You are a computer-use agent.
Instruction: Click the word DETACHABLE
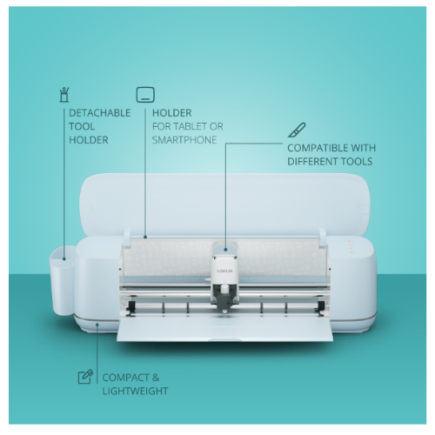(100, 113)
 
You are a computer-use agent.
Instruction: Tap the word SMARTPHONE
(184, 140)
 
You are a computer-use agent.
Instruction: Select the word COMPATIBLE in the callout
(318, 148)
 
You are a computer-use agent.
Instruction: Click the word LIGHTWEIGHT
(135, 391)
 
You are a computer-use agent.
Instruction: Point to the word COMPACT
(125, 378)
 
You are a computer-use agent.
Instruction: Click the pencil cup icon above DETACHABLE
(64, 95)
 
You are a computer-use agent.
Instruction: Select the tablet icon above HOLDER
(145, 95)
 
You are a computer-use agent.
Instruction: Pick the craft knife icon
(297, 130)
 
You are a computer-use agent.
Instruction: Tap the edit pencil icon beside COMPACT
(85, 377)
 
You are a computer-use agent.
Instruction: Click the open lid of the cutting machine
(225, 205)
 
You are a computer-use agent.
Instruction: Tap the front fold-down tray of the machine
(225, 330)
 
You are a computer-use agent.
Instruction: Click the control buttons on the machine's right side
(350, 246)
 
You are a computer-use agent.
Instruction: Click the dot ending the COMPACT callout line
(97, 325)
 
